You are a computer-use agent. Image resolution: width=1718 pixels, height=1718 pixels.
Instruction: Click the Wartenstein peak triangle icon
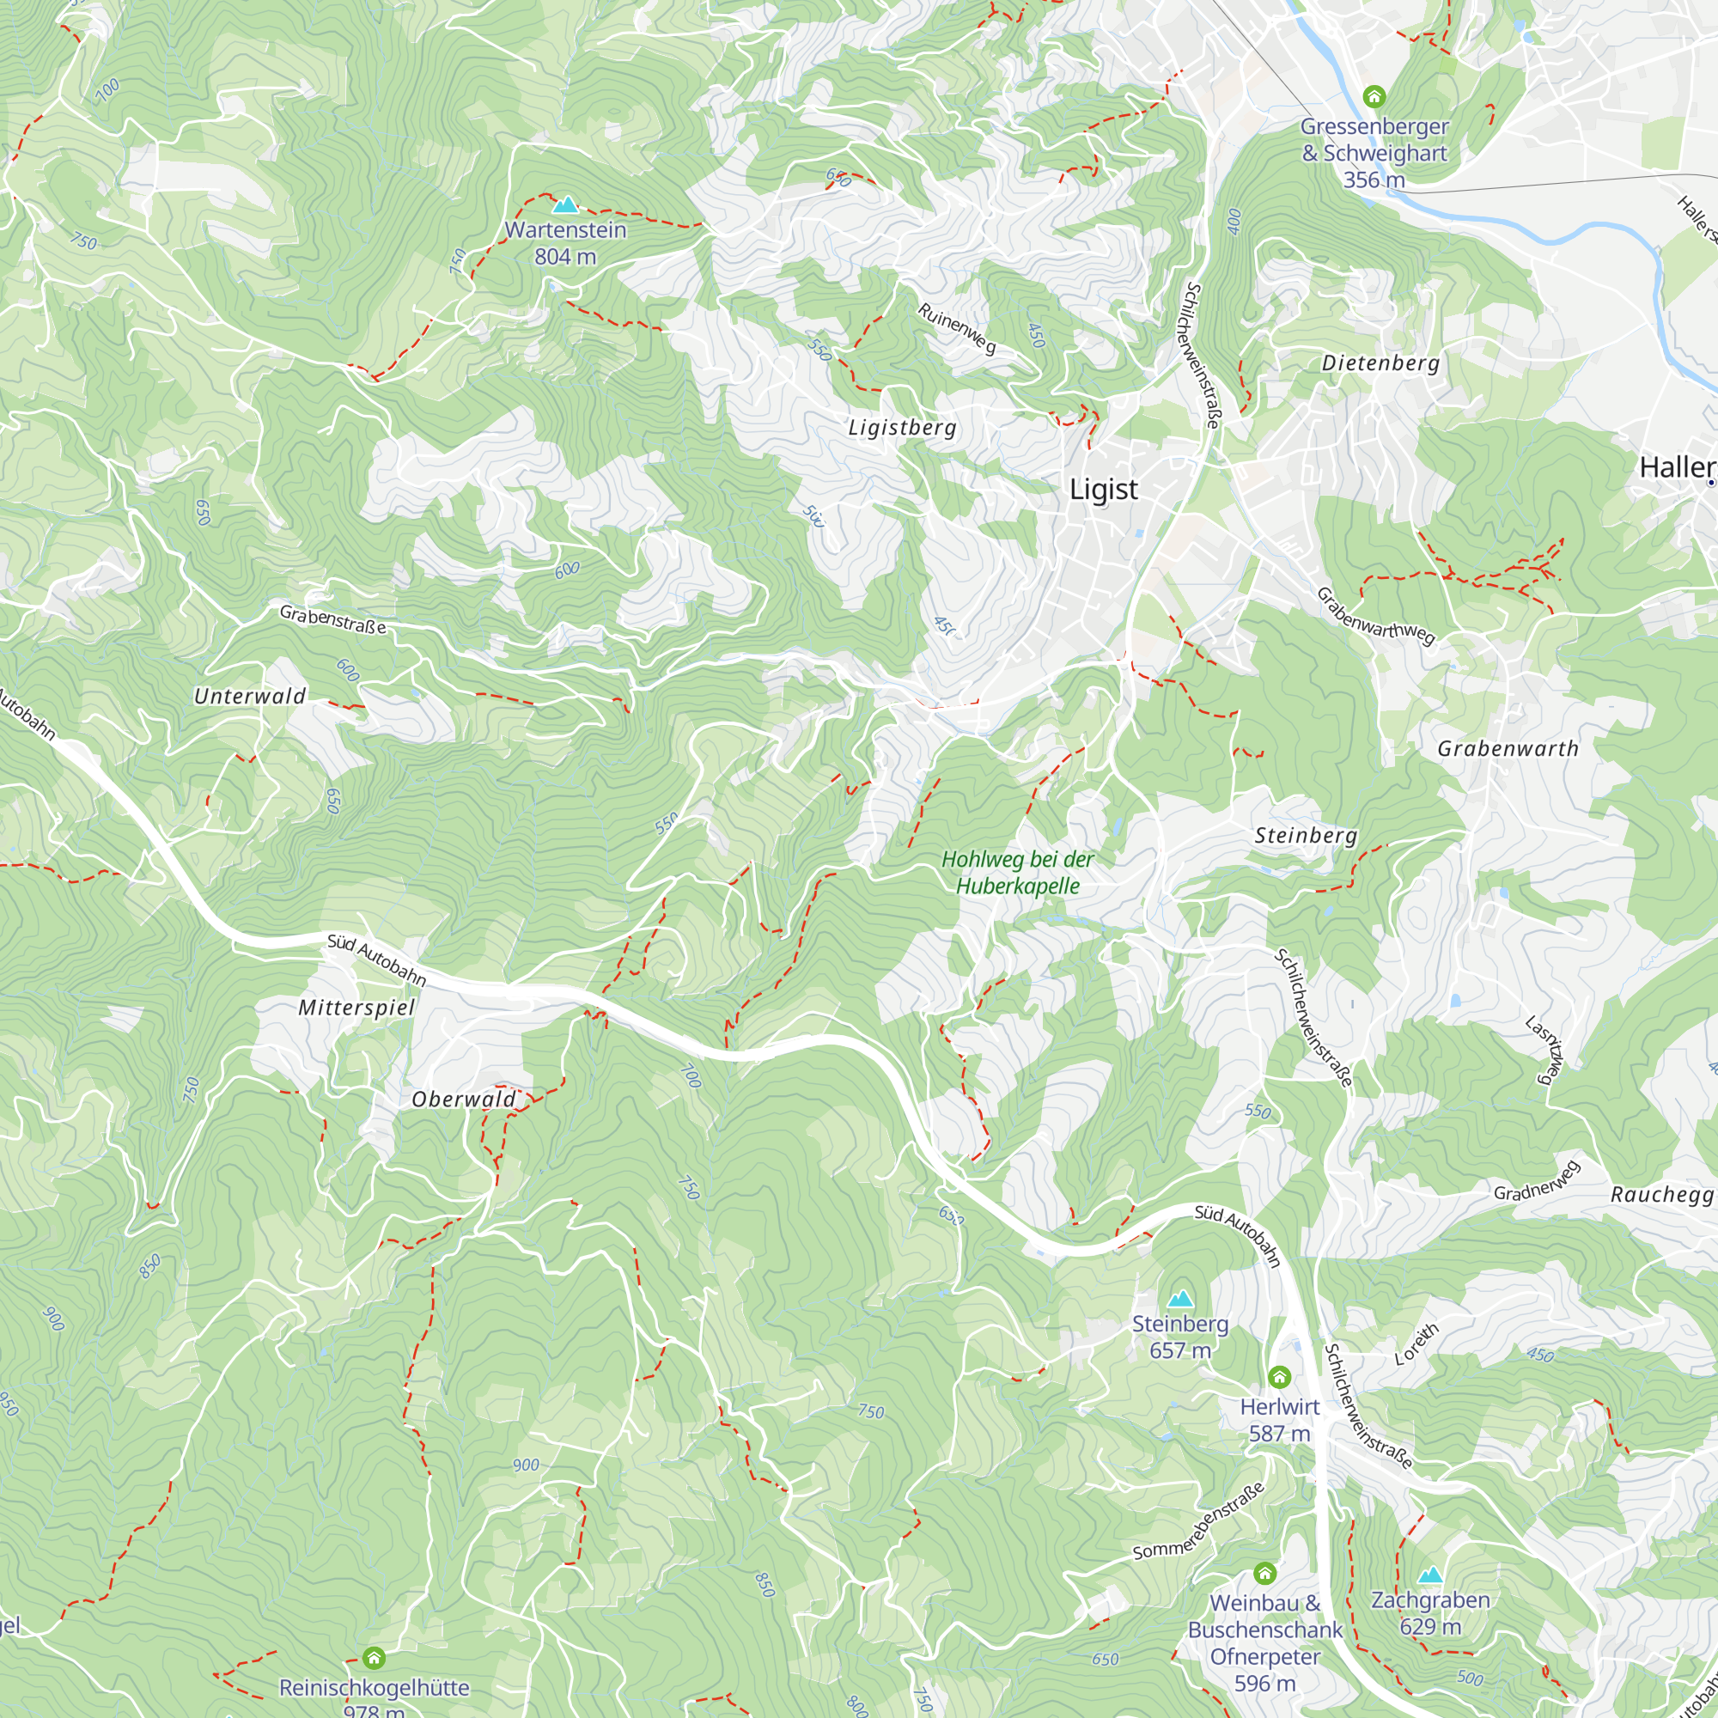(x=565, y=206)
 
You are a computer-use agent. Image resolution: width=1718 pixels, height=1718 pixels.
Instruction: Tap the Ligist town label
(x=1103, y=489)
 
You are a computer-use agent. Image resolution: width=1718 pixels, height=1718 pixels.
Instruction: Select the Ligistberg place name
(x=903, y=428)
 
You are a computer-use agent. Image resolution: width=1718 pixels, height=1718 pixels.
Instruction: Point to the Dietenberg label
(x=1380, y=362)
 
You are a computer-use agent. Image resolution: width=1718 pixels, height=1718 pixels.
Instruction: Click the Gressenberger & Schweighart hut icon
(x=1374, y=96)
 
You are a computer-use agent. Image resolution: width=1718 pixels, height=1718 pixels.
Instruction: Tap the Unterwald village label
(x=250, y=697)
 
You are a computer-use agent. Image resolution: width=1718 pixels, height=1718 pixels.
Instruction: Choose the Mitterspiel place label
(x=356, y=1008)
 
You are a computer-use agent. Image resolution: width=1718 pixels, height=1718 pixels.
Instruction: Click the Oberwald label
(x=463, y=1100)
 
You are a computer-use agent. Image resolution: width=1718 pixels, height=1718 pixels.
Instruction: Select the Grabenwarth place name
(x=1508, y=749)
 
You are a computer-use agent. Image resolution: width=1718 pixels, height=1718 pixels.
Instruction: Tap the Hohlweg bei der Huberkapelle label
(x=1017, y=873)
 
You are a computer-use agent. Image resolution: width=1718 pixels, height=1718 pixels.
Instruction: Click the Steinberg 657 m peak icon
(x=1180, y=1299)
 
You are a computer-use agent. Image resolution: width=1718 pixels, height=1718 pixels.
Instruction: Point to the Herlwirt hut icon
(x=1279, y=1378)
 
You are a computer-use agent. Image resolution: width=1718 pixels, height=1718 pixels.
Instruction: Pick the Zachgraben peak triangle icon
(x=1430, y=1575)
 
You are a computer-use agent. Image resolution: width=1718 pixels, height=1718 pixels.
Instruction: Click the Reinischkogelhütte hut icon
(x=375, y=1658)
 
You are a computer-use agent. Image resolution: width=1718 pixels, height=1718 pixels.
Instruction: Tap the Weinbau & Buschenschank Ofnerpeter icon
(x=1264, y=1574)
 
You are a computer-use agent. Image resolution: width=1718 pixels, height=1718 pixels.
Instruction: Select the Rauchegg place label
(x=1661, y=1194)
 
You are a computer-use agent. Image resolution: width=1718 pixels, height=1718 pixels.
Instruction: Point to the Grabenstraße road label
(x=332, y=620)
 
